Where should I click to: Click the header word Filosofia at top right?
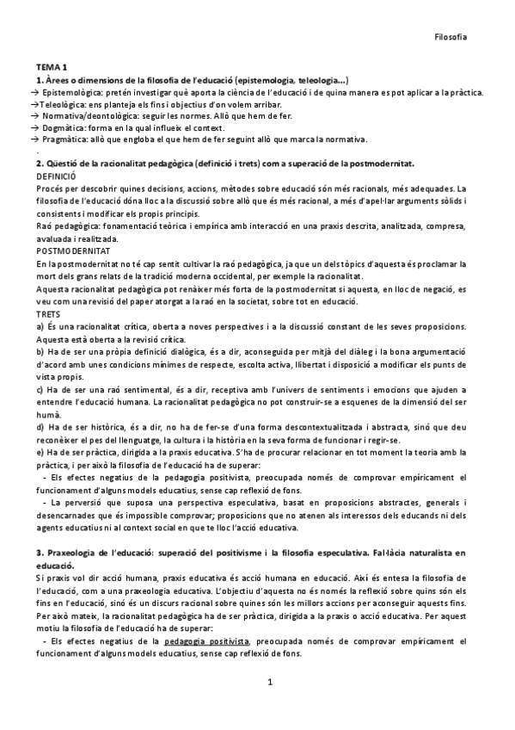click(451, 38)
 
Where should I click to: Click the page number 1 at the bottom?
click(269, 683)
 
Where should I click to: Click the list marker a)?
click(40, 327)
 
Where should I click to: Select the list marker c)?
click(40, 388)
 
